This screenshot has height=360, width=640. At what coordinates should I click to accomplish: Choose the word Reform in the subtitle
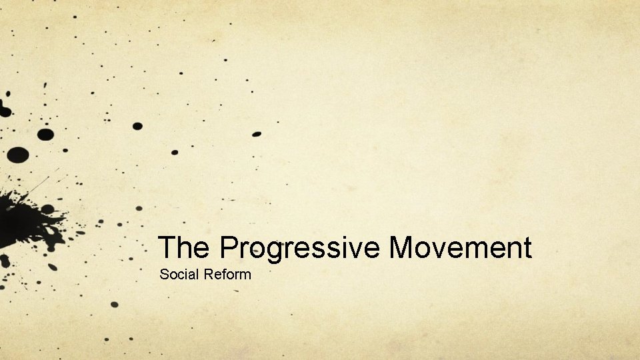coord(227,274)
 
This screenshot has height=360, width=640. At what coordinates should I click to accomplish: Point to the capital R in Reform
coord(207,274)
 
